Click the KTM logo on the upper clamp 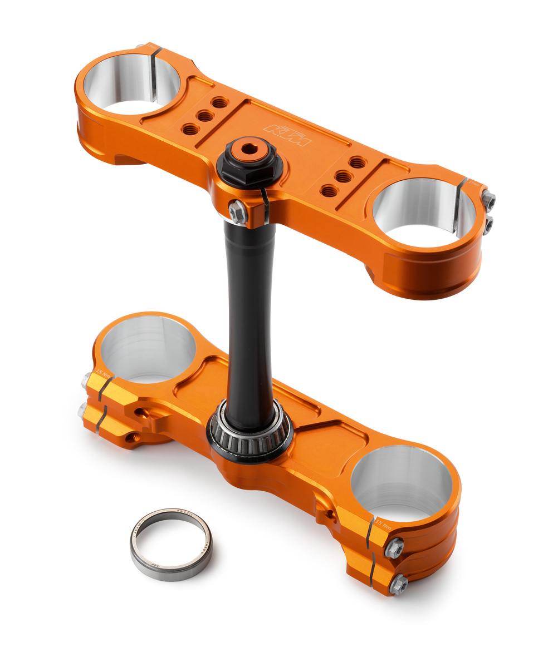point(287,135)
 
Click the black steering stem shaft point(250,312)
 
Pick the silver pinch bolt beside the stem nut point(237,212)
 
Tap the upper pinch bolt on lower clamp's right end point(394,548)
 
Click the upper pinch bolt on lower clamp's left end point(87,381)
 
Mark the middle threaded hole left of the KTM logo point(205,116)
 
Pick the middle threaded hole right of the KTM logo point(344,177)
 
